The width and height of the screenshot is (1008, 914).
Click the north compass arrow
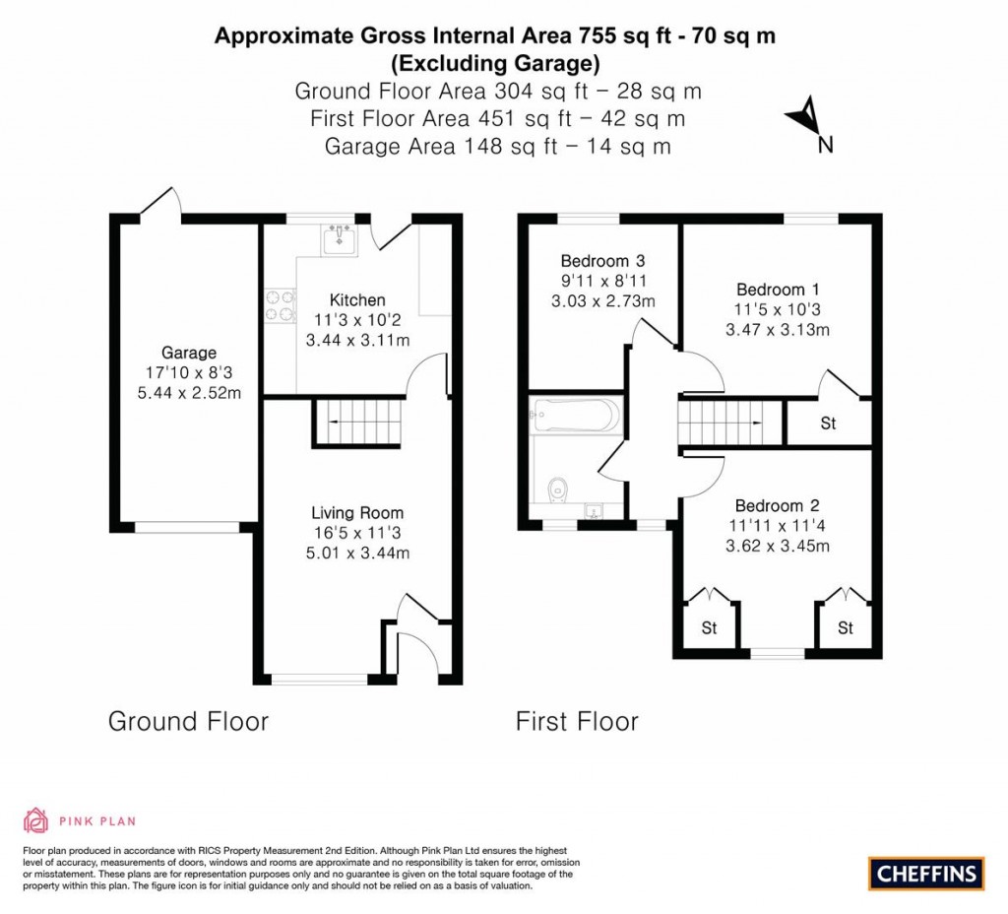804,117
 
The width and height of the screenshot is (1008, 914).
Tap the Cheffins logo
926,873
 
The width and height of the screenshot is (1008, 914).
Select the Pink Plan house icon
35,819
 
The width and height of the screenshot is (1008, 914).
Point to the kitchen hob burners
279,305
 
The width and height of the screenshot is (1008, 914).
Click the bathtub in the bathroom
576,415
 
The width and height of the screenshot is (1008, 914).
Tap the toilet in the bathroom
557,486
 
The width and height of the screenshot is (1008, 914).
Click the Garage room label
189,353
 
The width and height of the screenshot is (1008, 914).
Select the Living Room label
357,512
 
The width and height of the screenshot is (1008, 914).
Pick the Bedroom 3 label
602,261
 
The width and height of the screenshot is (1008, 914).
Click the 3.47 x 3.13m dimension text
778,330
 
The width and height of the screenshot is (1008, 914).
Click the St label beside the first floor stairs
828,424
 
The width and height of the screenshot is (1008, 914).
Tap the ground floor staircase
359,421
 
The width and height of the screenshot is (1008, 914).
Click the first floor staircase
722,422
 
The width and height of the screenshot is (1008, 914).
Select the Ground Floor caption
188,721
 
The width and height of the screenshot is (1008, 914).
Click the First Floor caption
577,722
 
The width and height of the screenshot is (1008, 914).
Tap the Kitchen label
357,299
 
